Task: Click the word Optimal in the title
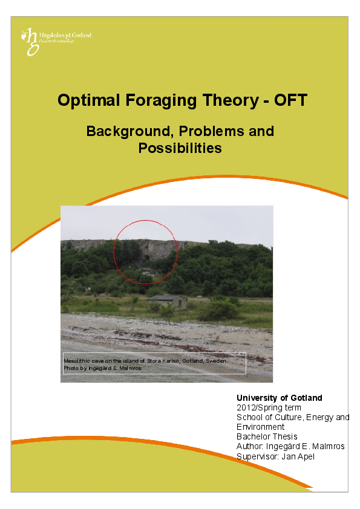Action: [83, 100]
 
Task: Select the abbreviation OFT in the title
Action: [290, 100]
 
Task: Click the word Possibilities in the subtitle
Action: [180, 148]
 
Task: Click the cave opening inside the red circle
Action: [145, 258]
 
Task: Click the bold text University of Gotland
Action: [279, 398]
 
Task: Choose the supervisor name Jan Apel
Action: [298, 456]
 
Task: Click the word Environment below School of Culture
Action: [261, 427]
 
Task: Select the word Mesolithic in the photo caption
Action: [76, 360]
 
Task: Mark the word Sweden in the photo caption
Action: [217, 360]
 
